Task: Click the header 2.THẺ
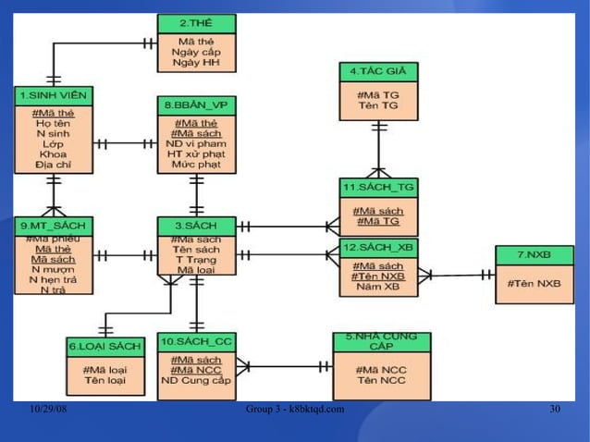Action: (x=195, y=23)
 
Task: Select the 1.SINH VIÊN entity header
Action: (x=53, y=95)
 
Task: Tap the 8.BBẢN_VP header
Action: (x=195, y=106)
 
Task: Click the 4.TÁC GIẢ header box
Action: (x=378, y=71)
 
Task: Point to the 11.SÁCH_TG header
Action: (x=378, y=188)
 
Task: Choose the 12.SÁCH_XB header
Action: (x=378, y=248)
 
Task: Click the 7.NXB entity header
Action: (x=534, y=254)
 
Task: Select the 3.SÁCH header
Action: (x=195, y=226)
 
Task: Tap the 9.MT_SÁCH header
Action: (x=53, y=226)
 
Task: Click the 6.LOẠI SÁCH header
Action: (x=104, y=346)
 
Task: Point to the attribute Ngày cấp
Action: (x=195, y=53)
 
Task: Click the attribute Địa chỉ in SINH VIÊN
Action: (x=53, y=165)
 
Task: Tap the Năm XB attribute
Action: (x=378, y=288)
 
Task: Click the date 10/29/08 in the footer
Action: (x=45, y=409)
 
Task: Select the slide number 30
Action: (x=554, y=409)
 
